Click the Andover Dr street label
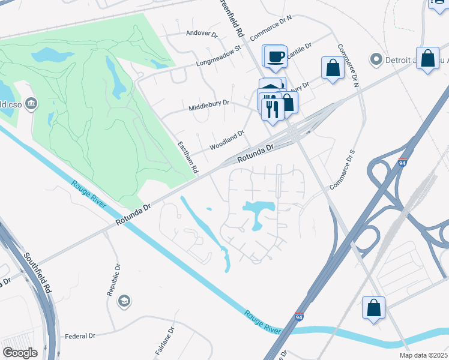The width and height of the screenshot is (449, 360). (202, 34)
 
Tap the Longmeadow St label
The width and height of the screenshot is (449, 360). (218, 55)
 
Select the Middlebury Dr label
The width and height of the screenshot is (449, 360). (209, 103)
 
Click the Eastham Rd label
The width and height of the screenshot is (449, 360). (188, 158)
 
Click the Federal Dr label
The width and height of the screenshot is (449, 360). (80, 336)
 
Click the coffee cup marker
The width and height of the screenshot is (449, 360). (276, 56)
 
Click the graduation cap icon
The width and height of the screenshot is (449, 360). (124, 301)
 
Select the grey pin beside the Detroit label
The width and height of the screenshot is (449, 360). (376, 59)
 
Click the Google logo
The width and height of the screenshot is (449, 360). (20, 352)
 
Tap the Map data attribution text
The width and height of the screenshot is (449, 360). (426, 355)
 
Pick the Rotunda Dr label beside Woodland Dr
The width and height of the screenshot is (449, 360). (255, 153)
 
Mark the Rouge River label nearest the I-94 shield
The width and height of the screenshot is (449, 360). (263, 322)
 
